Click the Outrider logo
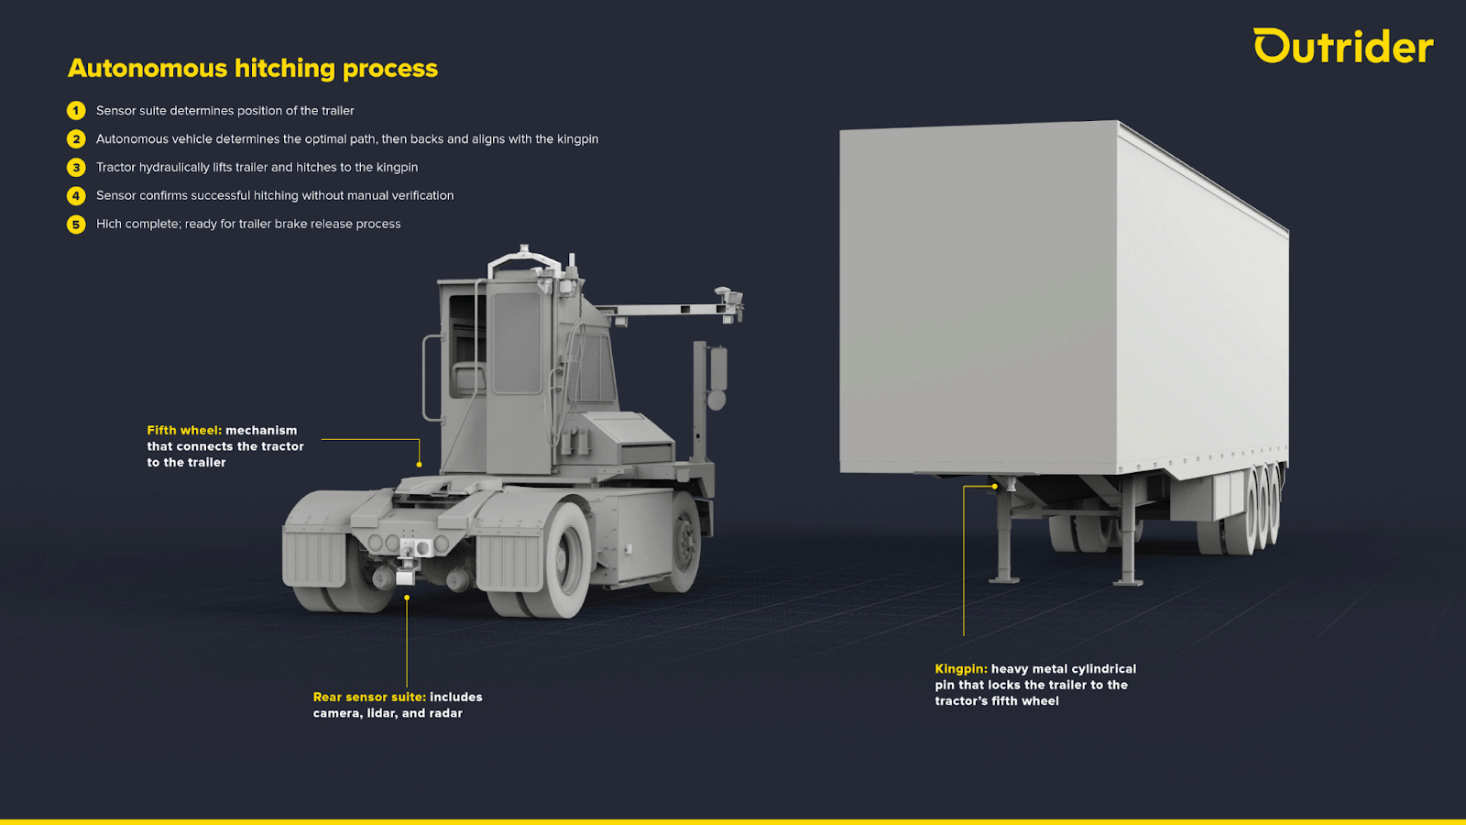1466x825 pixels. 1342,47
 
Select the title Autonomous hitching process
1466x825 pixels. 253,69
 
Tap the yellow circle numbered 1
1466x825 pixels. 76,111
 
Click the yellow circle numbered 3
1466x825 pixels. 76,168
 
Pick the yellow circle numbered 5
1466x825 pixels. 76,225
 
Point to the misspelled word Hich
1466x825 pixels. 108,224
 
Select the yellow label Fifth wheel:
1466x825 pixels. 184,430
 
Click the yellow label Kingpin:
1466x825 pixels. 961,669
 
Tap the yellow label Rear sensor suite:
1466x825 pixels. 369,698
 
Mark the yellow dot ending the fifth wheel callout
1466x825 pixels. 420,465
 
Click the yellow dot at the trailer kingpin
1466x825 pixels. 995,486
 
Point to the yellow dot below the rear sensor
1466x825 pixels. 407,598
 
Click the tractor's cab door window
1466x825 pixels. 517,342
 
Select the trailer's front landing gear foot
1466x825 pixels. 1004,579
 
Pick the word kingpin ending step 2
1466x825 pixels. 577,139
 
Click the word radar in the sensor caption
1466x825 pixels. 445,713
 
